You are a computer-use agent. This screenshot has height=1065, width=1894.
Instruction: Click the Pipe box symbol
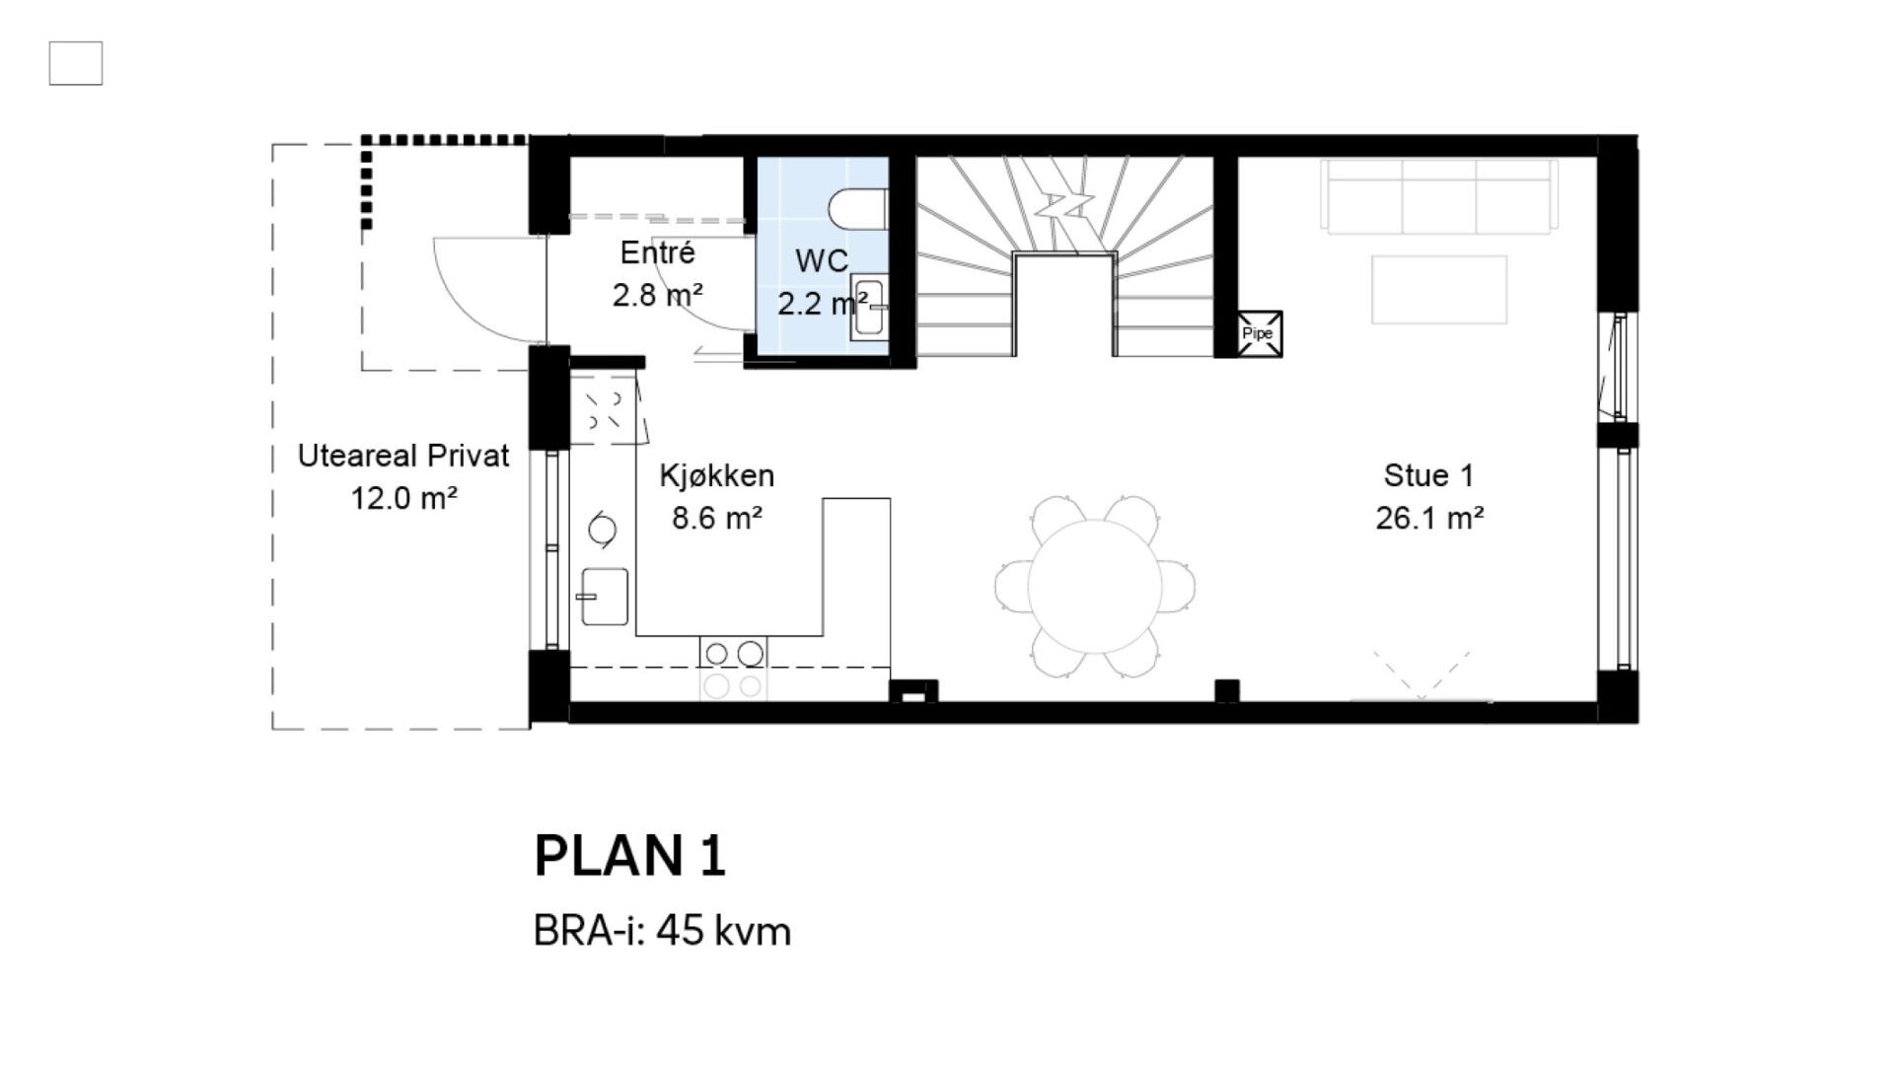(1260, 333)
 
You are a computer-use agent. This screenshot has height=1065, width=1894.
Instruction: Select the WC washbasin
(869, 310)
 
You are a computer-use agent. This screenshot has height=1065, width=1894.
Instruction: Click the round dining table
(1095, 586)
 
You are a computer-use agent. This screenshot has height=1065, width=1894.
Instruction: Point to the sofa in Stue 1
(1439, 196)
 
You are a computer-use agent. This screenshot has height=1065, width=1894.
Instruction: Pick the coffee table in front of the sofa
(1439, 289)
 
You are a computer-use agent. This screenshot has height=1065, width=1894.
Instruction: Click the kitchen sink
(604, 596)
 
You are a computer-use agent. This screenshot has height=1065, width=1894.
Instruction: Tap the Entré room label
(657, 253)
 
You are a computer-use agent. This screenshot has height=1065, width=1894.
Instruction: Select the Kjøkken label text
(717, 476)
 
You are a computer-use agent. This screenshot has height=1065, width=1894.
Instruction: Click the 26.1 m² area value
(1429, 518)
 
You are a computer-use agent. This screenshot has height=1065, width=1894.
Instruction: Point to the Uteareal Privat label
(403, 457)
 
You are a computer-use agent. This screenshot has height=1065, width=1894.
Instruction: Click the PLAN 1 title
(630, 855)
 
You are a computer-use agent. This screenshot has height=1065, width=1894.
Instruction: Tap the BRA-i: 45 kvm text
(662, 931)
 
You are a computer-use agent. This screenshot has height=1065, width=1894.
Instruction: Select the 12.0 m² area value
(403, 498)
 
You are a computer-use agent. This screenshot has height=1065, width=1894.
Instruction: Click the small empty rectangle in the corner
(76, 63)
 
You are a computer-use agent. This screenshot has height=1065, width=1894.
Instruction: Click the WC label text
(822, 261)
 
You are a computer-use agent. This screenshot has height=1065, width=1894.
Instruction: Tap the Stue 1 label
(1428, 476)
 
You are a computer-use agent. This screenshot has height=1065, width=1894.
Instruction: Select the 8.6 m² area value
(717, 518)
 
